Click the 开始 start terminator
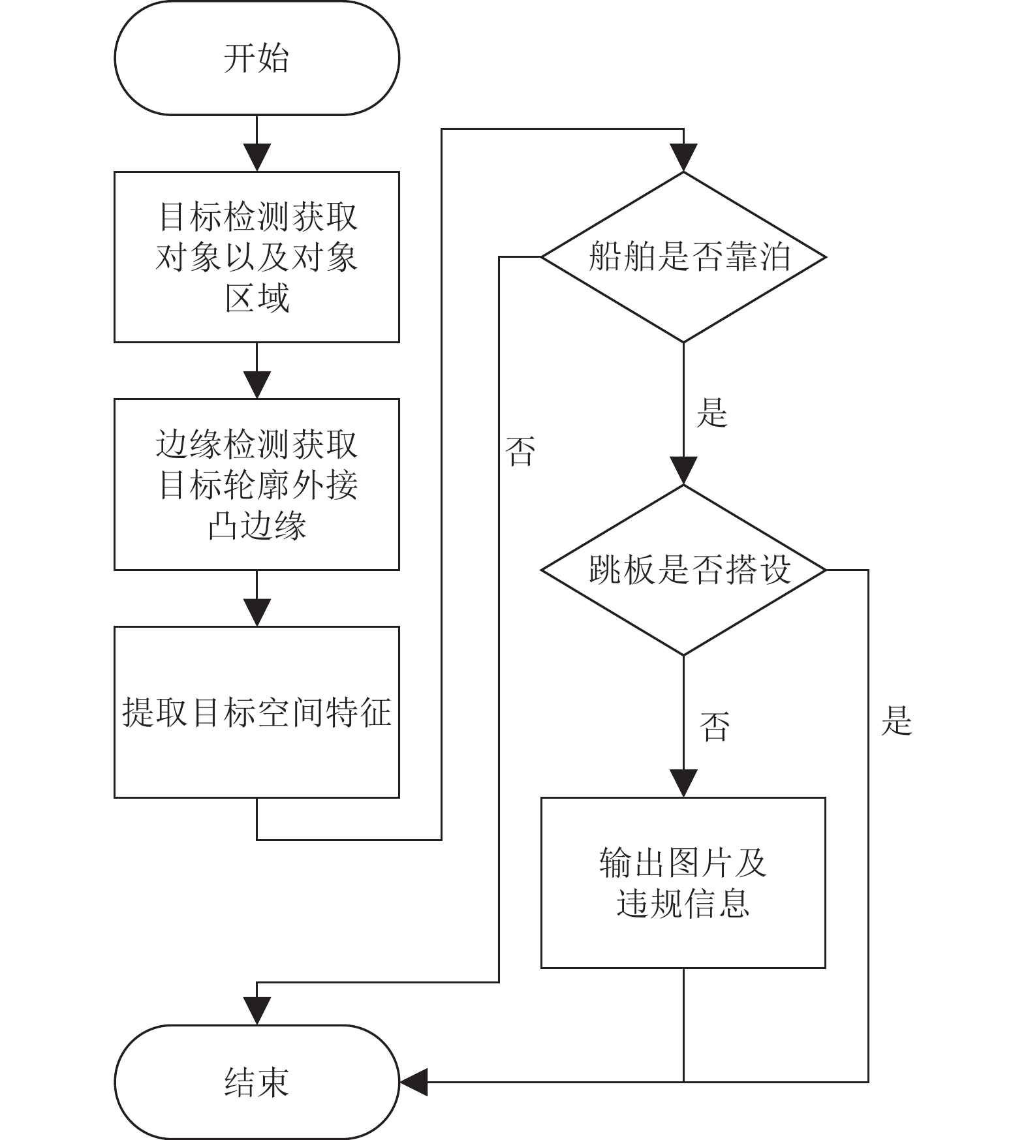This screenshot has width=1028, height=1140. point(257,58)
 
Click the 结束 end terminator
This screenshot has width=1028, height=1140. point(257,1083)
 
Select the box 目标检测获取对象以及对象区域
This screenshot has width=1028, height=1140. point(257,257)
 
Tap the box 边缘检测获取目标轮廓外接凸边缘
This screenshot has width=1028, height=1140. point(257,484)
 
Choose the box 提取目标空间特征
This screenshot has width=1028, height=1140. point(257,712)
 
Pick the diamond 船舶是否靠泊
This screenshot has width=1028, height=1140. point(683,257)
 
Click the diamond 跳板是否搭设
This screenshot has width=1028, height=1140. point(683,570)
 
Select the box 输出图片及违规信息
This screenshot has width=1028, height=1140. point(683,882)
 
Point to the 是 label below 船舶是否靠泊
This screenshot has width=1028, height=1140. point(711,412)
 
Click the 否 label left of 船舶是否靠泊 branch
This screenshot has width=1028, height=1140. point(520,452)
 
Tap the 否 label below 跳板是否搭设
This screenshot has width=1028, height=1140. point(715,726)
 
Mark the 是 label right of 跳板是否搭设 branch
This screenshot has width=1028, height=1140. point(896,720)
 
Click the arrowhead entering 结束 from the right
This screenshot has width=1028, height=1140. point(413,1082)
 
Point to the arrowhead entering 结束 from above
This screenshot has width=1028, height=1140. point(257,1011)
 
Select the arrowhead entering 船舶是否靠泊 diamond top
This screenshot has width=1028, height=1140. point(683,158)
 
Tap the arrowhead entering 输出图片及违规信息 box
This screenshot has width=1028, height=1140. point(683,783)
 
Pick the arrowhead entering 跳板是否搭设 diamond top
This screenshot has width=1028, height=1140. point(683,471)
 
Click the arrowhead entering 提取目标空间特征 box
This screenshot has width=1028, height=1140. point(257,613)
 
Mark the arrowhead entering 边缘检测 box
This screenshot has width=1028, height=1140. point(257,385)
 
